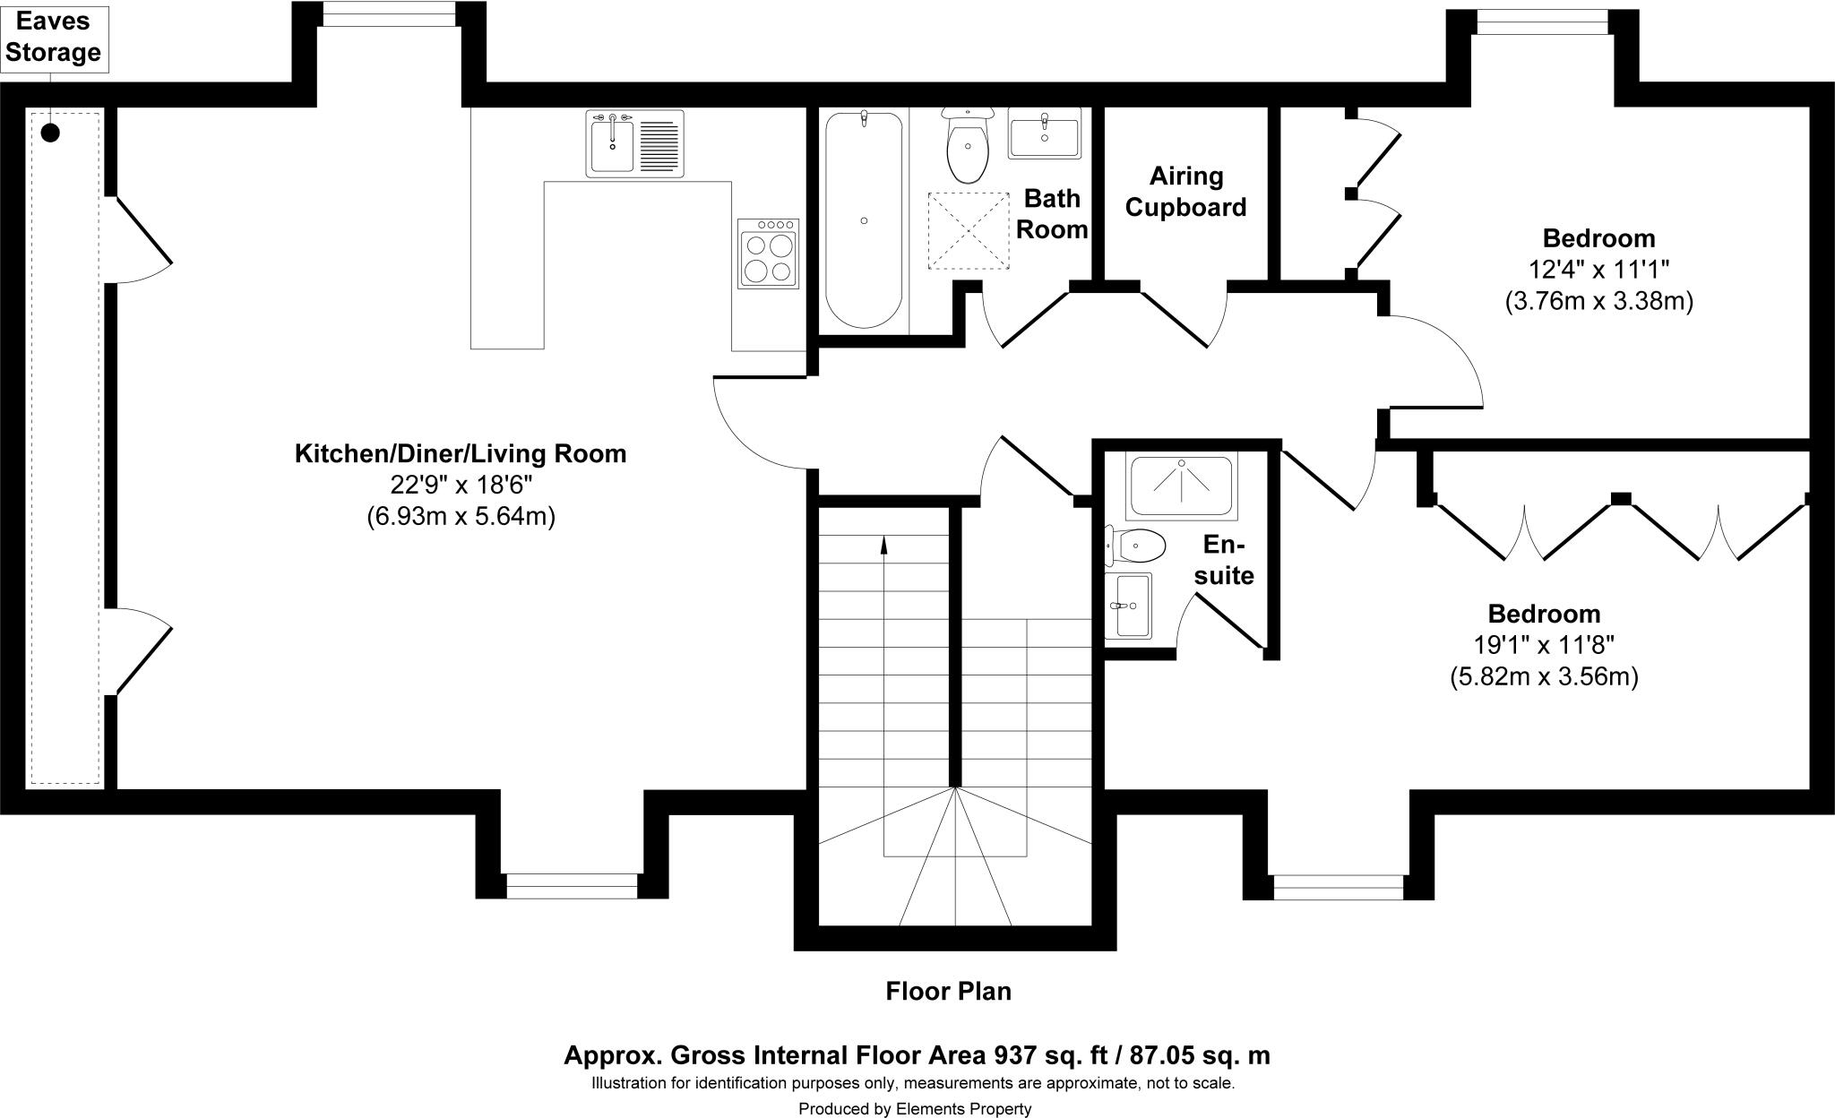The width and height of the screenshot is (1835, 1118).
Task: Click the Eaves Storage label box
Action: click(53, 39)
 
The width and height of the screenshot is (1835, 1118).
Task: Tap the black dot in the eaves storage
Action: click(51, 133)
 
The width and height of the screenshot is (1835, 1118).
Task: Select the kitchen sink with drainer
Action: click(634, 143)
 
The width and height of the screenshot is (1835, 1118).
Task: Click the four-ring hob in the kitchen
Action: click(768, 254)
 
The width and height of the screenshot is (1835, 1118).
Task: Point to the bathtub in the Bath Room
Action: click(863, 219)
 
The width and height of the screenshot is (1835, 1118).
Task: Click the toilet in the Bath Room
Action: click(968, 148)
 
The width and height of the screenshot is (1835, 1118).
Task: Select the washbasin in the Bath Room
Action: click(1044, 134)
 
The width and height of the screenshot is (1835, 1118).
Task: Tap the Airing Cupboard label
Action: click(1185, 192)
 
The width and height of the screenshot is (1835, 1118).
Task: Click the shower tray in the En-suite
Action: click(1181, 485)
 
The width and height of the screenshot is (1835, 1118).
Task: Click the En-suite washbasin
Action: click(1128, 606)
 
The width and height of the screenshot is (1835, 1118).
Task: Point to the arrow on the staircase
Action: click(884, 544)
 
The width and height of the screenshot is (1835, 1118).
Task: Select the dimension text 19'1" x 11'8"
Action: click(1544, 645)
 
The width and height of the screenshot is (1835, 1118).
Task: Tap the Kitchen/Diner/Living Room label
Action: click(461, 453)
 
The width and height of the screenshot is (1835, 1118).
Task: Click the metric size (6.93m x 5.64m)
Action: click(461, 517)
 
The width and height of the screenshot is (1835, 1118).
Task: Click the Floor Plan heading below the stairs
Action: click(948, 991)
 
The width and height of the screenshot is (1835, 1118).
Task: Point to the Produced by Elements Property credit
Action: click(915, 1109)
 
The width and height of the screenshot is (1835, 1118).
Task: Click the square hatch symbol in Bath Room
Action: click(968, 230)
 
